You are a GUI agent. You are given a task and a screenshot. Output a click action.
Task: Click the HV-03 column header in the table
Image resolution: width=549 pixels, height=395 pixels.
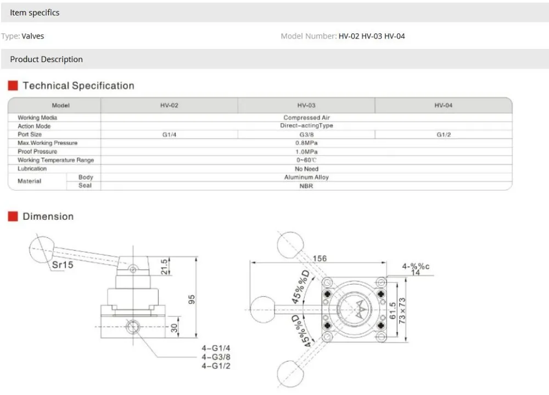point(306,105)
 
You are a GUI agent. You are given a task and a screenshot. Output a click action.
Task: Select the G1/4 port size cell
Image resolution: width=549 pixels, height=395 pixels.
point(169,135)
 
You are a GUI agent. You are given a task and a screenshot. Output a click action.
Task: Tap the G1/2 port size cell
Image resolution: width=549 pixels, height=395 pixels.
point(444,135)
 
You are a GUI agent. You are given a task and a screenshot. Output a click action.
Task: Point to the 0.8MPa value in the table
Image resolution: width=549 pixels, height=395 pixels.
point(306,143)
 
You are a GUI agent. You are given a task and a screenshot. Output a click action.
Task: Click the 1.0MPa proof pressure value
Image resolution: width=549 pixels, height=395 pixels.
point(306,152)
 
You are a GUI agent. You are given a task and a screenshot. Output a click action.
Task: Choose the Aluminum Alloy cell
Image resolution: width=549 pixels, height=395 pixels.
point(306,177)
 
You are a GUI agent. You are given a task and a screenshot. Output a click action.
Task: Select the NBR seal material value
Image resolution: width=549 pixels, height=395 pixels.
point(306,186)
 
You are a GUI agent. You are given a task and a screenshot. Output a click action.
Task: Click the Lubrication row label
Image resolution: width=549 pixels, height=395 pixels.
point(32,169)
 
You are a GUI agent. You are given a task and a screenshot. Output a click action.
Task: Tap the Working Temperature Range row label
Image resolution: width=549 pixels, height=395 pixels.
point(55,160)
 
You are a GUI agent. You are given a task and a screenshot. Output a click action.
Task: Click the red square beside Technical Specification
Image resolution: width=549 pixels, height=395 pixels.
point(13,86)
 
